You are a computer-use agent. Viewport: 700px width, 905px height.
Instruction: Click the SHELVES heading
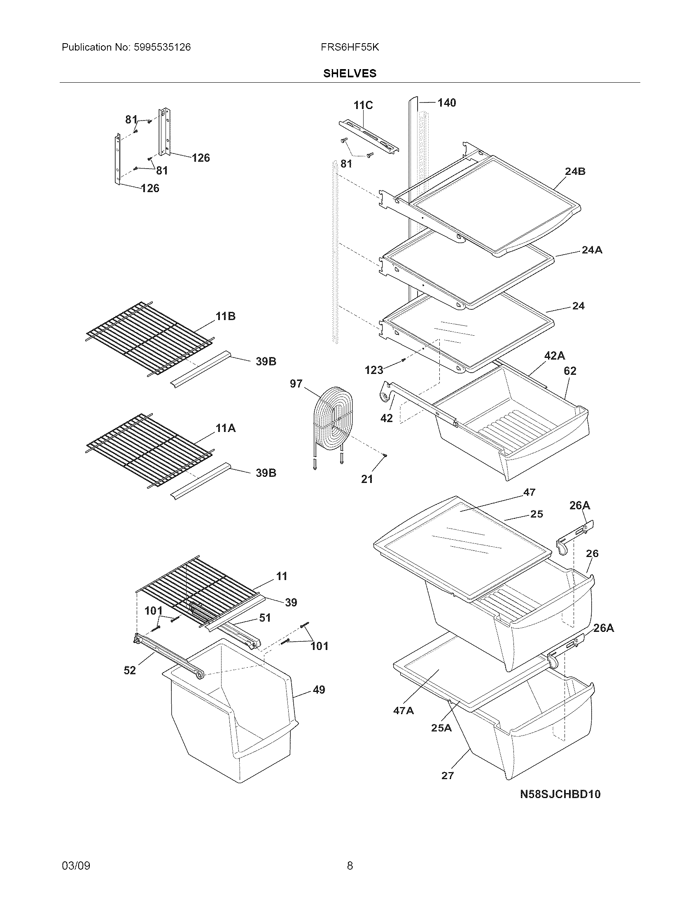pos(350,73)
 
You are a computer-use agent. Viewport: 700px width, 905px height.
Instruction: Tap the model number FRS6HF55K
pos(350,47)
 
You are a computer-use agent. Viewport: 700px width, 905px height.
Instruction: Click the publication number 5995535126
pos(162,47)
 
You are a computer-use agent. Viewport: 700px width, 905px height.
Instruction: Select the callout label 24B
pos(575,171)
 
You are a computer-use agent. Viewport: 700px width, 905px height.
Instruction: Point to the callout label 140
pos(446,102)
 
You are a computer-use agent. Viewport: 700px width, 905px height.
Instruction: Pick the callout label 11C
pos(363,105)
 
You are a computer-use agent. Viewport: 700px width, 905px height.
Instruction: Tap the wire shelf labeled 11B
pos(149,338)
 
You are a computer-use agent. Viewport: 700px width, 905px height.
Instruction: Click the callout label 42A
pos(554,355)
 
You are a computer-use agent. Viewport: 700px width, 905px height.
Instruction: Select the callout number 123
pos(373,370)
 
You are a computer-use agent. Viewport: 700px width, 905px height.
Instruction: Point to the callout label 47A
pos(404,710)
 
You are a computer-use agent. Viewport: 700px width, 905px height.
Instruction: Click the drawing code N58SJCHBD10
pos(560,794)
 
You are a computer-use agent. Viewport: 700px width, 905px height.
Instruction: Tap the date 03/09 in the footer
pos(76,866)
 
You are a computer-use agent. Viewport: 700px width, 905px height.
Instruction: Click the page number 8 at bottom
pos(350,866)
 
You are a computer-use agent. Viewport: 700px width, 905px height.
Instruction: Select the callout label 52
pos(130,670)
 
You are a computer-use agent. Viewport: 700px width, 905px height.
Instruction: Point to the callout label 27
pos(448,775)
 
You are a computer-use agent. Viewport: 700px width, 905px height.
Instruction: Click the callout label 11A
pos(225,428)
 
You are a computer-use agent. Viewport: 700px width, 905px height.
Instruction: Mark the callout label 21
pos(367,479)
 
